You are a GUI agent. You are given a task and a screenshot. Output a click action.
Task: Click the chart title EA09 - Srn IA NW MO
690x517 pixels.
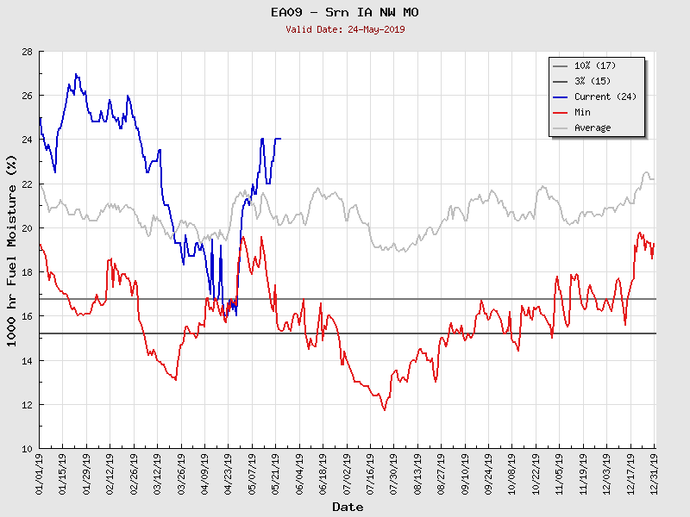tap(345, 12)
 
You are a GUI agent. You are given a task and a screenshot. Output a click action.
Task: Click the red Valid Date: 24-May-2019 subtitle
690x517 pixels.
tap(345, 29)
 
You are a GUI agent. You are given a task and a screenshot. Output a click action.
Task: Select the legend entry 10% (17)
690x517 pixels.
tap(595, 65)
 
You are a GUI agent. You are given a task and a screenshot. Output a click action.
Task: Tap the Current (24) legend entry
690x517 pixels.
tap(605, 97)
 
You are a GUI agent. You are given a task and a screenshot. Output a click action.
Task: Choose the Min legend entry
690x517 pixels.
tap(582, 112)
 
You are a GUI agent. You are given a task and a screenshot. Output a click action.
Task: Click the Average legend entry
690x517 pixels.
tap(593, 128)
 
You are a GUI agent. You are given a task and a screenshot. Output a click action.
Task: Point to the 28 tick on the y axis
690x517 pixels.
tap(27, 52)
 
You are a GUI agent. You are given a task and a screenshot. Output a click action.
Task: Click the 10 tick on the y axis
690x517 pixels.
tap(27, 449)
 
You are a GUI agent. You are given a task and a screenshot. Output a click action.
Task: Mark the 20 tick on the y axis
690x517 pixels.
tap(27, 228)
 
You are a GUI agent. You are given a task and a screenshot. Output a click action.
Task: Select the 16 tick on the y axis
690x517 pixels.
tap(27, 317)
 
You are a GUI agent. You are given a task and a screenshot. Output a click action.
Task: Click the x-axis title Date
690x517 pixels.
tap(348, 508)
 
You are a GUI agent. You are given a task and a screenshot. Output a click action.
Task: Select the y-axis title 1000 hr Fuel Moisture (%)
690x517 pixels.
tap(12, 250)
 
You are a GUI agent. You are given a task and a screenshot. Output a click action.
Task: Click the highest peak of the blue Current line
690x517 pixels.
tap(76, 74)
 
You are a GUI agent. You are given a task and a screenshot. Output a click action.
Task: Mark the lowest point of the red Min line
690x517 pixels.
tap(384, 410)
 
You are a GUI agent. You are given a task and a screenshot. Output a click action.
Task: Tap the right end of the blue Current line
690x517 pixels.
tap(280, 139)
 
